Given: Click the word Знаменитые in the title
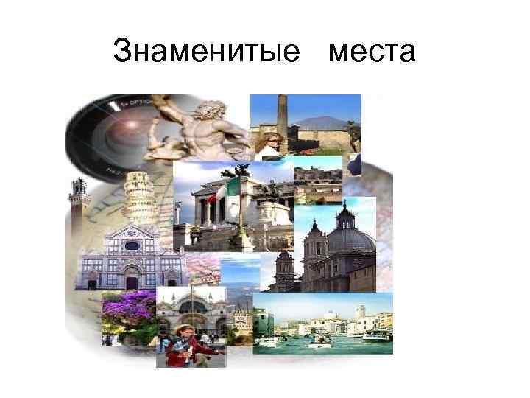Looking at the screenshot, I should (x=208, y=52).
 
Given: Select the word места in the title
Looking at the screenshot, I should (x=372, y=52).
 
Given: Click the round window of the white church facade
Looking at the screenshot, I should (x=132, y=246).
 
